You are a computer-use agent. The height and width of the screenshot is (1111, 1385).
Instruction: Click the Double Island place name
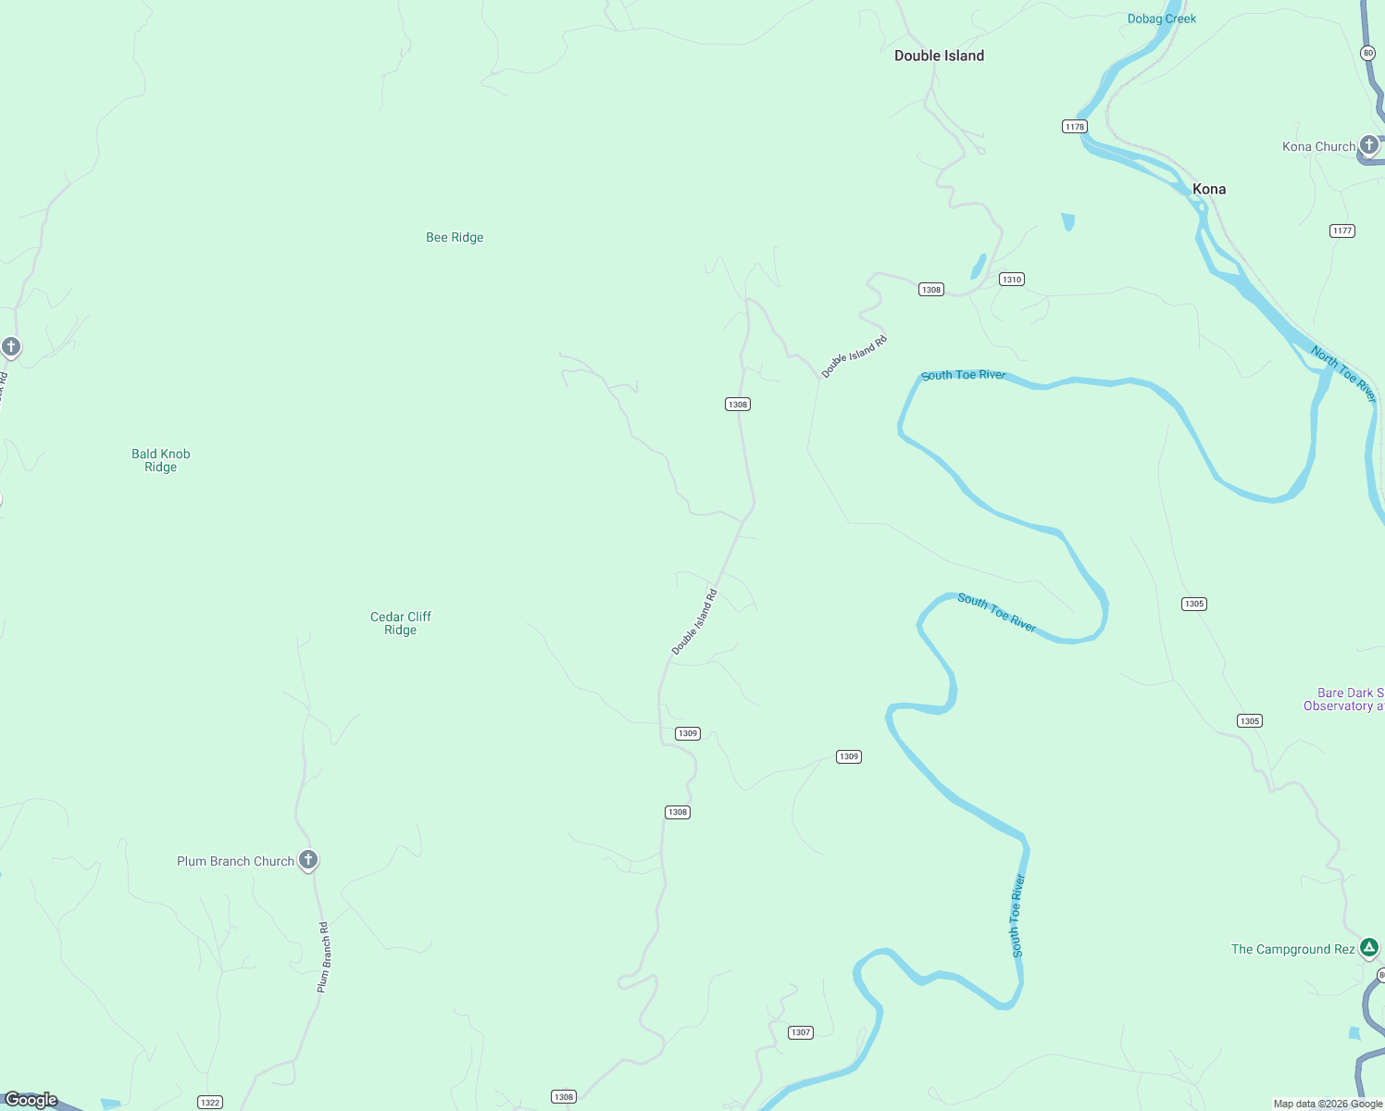(939, 56)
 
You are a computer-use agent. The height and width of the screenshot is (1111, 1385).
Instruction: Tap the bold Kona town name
(1208, 189)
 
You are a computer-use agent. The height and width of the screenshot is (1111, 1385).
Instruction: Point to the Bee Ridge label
(455, 237)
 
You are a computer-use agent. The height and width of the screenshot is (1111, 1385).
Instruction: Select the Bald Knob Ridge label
(161, 460)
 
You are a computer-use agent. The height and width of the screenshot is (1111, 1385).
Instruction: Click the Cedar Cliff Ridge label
(401, 623)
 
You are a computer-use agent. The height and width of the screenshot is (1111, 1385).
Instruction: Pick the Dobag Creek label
(1161, 19)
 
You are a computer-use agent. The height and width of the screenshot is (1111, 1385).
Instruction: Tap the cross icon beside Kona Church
(1369, 144)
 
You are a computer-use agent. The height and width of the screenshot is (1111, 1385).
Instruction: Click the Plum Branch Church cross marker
(308, 859)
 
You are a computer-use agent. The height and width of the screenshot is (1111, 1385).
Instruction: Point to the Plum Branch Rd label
(323, 957)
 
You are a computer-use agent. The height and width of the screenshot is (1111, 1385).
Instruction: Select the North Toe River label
(1343, 373)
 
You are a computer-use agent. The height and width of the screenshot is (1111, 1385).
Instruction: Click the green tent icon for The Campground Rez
(1369, 947)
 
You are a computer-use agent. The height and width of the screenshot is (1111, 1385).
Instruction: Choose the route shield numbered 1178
(1074, 127)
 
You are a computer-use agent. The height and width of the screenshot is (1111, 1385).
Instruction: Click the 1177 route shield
(1341, 231)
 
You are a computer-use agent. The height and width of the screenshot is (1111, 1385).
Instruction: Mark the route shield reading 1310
(1011, 280)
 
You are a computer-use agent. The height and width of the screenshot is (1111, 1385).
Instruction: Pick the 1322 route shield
(210, 1102)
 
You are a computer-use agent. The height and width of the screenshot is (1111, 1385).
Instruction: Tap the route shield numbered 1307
(801, 1032)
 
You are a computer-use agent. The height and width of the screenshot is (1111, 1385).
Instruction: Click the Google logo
(31, 1100)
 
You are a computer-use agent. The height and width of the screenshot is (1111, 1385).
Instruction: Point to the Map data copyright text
(1328, 1104)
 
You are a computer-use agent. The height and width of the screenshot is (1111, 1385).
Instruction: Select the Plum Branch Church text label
(235, 861)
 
